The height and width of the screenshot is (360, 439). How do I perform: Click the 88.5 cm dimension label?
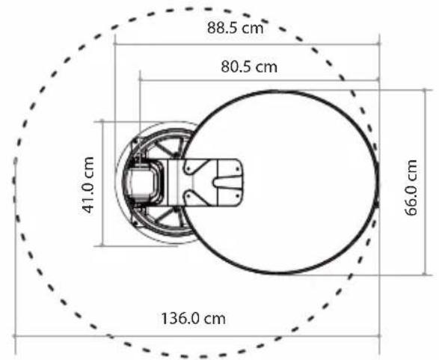235,28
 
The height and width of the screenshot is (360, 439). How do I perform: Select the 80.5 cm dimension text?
249,67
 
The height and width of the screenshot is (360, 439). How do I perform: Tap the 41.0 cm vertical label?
89,185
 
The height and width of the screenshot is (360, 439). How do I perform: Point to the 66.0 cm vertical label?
411,188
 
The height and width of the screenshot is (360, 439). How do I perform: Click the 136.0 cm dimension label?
194,319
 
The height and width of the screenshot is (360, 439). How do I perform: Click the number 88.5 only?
222,28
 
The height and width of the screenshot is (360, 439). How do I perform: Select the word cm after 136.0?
215,320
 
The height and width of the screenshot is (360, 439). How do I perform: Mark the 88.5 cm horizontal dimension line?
248,44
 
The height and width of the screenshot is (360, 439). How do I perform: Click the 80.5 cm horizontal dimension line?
260,80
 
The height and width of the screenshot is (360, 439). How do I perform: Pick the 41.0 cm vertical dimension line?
102,184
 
